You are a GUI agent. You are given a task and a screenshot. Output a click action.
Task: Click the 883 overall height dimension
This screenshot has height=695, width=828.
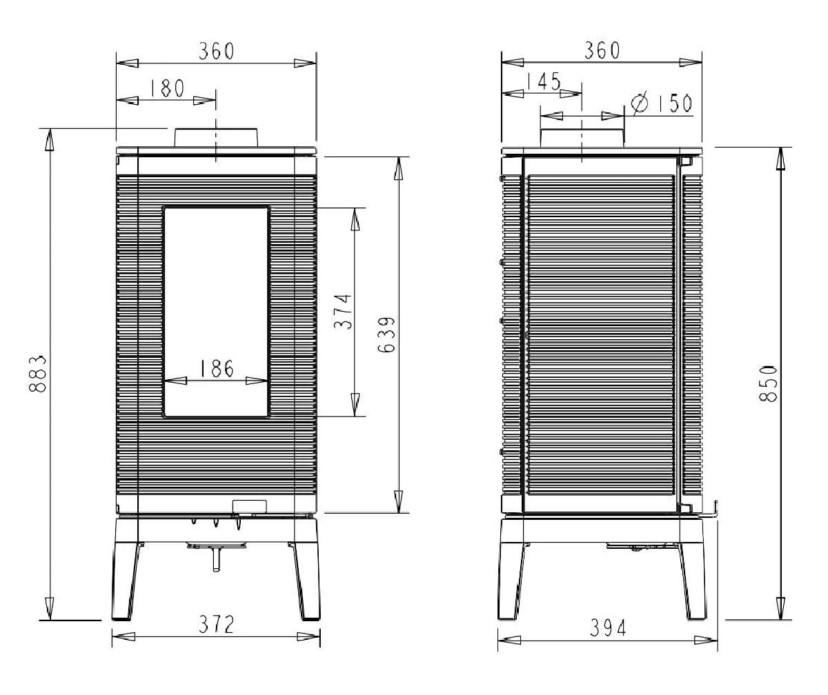pyautogui.click(x=38, y=374)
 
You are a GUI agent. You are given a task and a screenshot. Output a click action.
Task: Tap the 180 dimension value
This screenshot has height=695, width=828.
pyautogui.click(x=168, y=88)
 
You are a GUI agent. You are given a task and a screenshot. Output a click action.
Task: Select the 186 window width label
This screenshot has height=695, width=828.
pyautogui.click(x=217, y=368)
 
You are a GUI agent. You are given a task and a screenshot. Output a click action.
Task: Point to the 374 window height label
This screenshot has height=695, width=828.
pyautogui.click(x=343, y=312)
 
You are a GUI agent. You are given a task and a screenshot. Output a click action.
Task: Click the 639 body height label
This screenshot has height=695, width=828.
pyautogui.click(x=386, y=335)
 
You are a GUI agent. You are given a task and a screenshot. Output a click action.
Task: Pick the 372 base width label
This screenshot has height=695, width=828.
pyautogui.click(x=217, y=625)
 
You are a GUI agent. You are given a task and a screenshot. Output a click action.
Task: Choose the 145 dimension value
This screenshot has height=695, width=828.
pyautogui.click(x=544, y=81)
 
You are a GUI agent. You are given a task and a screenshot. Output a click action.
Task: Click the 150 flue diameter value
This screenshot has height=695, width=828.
pyautogui.click(x=675, y=103)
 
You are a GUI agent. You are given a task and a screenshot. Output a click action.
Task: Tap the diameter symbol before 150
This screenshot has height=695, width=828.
pyautogui.click(x=639, y=103)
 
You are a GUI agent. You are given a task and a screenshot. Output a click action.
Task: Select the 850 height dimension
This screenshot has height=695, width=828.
pyautogui.click(x=768, y=384)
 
